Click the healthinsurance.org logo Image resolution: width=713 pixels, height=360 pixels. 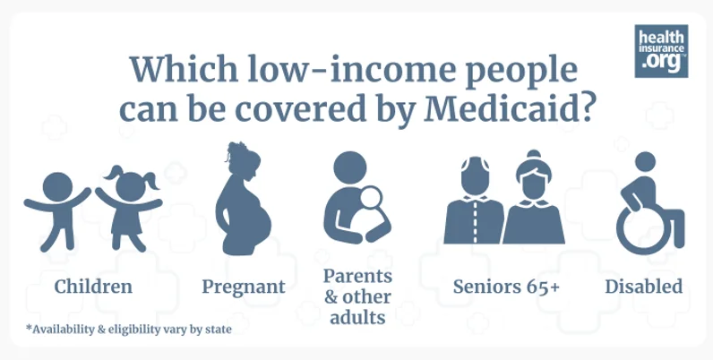pos(661,51)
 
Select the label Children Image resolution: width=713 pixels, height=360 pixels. pos(93,287)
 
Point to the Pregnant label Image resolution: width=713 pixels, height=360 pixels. pos(243,287)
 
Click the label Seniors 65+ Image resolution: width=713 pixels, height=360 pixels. pos(507,287)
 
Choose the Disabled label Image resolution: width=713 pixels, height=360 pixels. pos(643,287)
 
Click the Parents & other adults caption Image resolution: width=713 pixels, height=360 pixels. pos(356,296)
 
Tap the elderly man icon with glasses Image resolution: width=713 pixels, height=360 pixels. pos(472,201)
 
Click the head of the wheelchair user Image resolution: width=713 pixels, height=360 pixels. pos(645,161)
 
